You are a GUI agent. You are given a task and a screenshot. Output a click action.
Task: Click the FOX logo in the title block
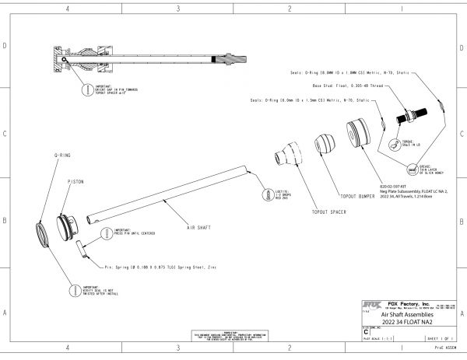tap(370, 305)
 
